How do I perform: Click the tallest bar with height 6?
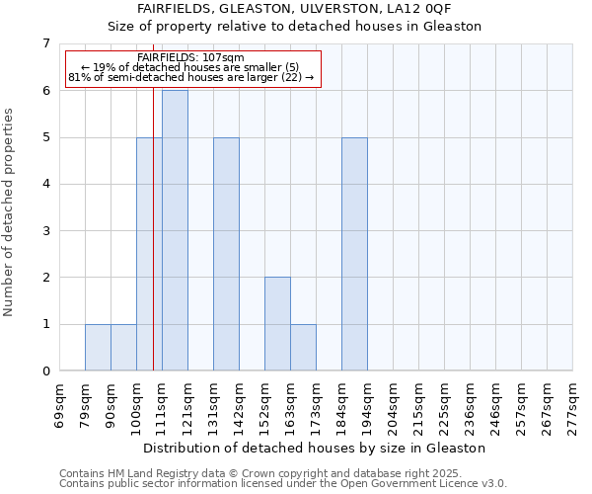(x=175, y=230)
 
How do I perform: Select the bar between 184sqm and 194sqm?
(x=354, y=254)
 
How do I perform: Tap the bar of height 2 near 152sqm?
(x=277, y=324)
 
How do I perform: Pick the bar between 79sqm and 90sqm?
(x=98, y=348)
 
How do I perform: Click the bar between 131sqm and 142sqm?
(x=226, y=254)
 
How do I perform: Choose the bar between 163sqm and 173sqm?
(x=303, y=348)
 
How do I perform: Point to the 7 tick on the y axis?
(x=45, y=43)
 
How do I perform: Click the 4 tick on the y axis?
(x=45, y=184)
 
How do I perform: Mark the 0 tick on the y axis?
(x=45, y=371)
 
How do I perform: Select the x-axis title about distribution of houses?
(x=316, y=448)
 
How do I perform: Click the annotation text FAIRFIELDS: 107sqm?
(x=191, y=58)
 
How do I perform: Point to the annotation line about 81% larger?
(x=191, y=78)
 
